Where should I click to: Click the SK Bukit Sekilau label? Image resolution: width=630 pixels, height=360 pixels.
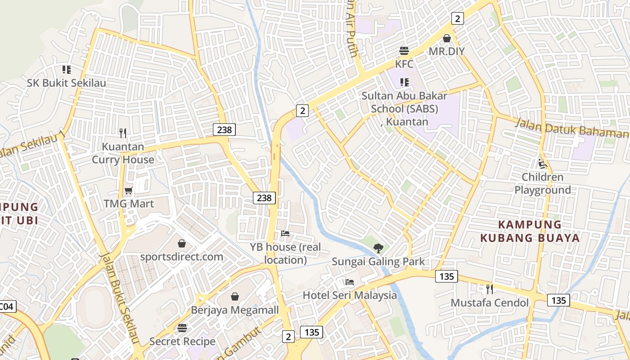click(67, 83)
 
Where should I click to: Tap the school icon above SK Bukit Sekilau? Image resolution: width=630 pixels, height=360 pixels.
click(67, 70)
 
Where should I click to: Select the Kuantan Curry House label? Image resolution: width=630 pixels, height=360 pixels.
click(123, 153)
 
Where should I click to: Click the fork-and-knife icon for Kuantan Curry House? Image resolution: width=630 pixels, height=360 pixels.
click(123, 133)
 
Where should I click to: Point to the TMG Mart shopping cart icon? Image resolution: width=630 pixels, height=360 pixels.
click(129, 190)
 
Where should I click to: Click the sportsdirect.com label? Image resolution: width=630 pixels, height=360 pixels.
click(181, 256)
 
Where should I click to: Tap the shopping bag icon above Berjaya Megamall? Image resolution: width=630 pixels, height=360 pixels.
click(234, 297)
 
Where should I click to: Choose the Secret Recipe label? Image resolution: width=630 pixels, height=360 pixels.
click(182, 341)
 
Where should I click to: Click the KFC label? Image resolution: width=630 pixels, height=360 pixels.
click(404, 64)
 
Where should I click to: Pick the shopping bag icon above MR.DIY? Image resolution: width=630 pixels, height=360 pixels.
click(447, 38)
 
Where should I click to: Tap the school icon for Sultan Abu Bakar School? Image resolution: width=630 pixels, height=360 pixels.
click(404, 82)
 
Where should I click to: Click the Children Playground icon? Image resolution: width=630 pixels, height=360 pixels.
click(543, 164)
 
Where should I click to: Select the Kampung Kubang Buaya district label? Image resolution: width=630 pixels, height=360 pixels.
click(530, 231)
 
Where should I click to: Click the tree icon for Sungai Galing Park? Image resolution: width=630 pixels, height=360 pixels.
click(378, 248)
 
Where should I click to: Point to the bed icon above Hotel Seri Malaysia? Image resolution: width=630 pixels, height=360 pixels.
click(350, 283)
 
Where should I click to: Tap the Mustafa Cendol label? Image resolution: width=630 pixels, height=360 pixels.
click(490, 302)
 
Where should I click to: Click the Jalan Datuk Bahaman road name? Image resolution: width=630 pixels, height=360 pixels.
click(571, 128)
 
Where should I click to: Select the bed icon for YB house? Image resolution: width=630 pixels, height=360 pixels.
click(285, 234)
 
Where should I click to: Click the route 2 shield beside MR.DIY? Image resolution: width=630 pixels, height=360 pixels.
click(457, 18)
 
